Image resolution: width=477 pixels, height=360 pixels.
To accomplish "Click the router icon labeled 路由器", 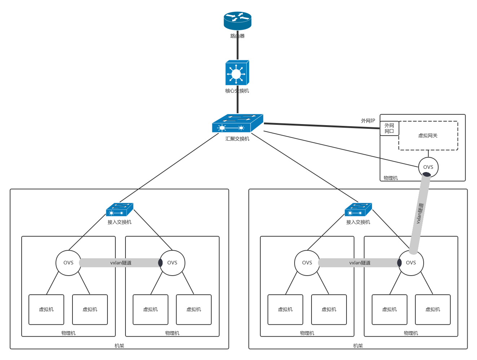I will [x=237, y=21].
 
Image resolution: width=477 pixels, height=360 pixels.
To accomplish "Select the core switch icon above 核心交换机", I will [x=237, y=73].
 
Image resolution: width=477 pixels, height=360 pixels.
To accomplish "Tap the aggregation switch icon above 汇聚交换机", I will [x=237, y=123].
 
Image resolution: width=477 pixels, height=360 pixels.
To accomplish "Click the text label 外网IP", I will [x=368, y=121].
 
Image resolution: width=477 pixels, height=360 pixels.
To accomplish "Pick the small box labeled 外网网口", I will [x=389, y=128].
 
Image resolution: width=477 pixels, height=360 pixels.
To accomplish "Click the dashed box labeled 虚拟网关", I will [x=428, y=136].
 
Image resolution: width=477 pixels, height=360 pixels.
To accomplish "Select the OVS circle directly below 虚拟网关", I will [x=428, y=167].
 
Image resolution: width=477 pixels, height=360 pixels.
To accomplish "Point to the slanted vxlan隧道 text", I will [x=420, y=213].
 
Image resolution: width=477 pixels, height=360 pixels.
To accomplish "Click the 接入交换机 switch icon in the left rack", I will [x=119, y=210].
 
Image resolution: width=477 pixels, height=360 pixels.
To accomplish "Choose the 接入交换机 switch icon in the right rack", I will [x=358, y=210].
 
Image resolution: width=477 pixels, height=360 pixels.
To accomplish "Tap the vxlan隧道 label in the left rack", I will [x=121, y=263].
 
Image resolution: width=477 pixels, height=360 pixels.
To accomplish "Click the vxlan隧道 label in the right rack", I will [x=359, y=263].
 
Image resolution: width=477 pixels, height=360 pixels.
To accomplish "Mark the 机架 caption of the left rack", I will [x=119, y=346].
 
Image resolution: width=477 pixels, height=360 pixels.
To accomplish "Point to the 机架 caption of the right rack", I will [x=358, y=346].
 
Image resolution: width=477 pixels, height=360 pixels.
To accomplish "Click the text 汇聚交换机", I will [x=237, y=139].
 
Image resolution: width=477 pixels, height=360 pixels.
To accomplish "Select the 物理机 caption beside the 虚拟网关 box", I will [x=391, y=178].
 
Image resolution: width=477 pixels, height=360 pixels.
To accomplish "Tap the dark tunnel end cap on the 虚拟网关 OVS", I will [x=427, y=175].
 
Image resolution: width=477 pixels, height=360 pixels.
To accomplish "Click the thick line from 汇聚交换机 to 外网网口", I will [x=321, y=126].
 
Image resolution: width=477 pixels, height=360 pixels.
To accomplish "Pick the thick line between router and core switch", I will [x=237, y=47].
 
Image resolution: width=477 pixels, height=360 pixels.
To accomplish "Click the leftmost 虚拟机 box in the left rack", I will [x=46, y=309].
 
